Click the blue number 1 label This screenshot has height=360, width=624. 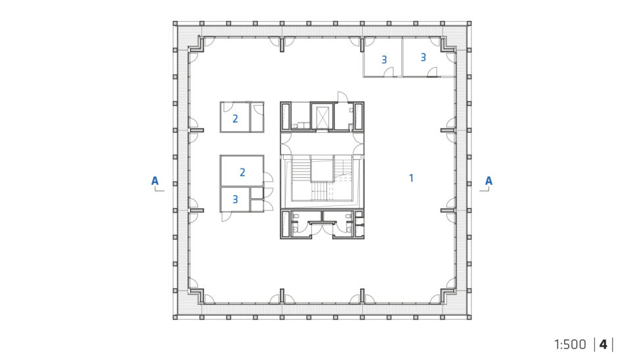click(411, 178)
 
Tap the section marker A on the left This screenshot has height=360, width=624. click(155, 181)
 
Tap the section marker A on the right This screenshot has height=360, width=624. click(488, 181)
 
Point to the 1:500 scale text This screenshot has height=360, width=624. click(570, 344)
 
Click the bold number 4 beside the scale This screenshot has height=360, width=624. click(604, 344)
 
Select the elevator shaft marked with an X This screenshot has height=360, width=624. click(322, 116)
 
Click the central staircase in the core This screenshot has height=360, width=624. click(322, 179)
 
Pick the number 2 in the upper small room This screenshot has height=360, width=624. click(235, 118)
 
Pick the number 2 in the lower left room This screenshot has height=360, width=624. click(242, 172)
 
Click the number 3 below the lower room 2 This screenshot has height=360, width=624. click(235, 199)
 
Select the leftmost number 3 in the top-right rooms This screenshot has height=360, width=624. click(384, 60)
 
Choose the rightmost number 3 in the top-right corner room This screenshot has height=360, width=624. click(423, 58)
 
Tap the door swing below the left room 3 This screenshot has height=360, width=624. click(226, 217)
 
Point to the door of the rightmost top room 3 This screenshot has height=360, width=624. click(432, 72)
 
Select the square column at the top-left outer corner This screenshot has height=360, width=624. click(175, 24)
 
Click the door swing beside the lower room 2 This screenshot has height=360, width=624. click(269, 178)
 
